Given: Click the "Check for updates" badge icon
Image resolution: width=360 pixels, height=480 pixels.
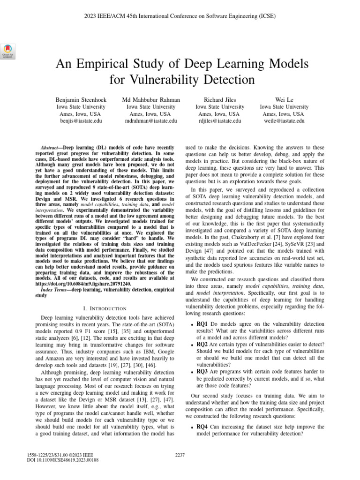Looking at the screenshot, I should click(8, 51).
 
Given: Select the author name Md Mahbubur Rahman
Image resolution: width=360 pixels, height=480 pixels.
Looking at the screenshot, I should click(150, 100).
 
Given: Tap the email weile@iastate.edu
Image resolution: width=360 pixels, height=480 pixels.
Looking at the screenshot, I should click(284, 121).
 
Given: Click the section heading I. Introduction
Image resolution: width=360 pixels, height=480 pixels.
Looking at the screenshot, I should click(104, 308).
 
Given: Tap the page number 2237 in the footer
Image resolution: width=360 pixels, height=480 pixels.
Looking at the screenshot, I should click(180, 455).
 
